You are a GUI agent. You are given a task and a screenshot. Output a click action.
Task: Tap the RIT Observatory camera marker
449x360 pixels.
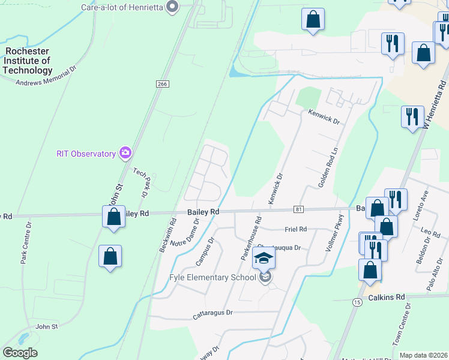pyautogui.click(x=125, y=154)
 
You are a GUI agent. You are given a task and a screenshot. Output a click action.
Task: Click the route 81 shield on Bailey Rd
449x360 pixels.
pyautogui.click(x=298, y=209)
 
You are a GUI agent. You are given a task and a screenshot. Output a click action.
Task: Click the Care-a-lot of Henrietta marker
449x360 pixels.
pyautogui.click(x=173, y=7)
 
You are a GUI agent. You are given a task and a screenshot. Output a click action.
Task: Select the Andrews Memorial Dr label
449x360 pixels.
pyautogui.click(x=47, y=78)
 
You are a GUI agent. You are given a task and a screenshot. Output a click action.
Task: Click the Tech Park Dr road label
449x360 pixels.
pyautogui.click(x=140, y=182)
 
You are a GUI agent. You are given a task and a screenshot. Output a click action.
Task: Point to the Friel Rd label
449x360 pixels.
pyautogui.click(x=296, y=229)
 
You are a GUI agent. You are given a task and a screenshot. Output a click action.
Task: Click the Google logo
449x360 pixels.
pyautogui.click(x=20, y=353)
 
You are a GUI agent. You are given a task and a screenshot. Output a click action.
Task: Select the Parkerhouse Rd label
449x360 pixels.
pyautogui.click(x=252, y=238)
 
